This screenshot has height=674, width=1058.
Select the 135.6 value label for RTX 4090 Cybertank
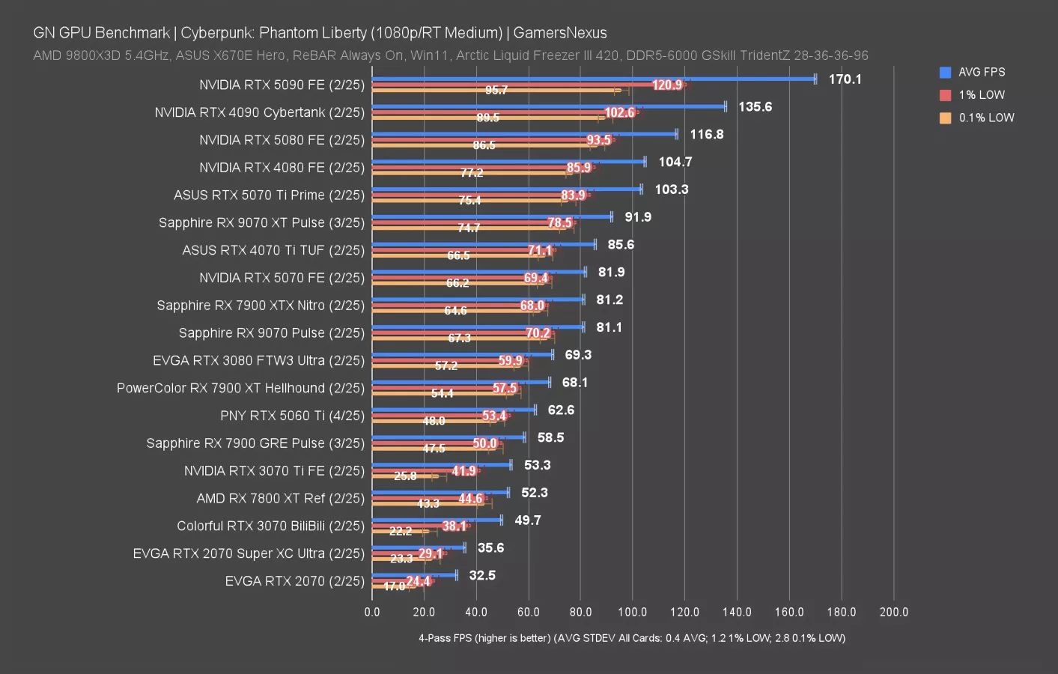(x=755, y=107)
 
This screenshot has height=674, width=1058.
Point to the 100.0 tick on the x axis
(x=633, y=612)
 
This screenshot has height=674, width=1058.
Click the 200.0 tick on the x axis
(x=893, y=612)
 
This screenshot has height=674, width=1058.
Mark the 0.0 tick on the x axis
(x=372, y=612)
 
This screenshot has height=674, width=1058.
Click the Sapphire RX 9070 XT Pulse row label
(x=261, y=223)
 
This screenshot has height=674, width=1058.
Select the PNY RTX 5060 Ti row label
(x=292, y=416)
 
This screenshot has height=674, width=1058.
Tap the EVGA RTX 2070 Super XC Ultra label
(x=249, y=553)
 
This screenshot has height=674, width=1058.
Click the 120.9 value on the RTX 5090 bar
(x=666, y=85)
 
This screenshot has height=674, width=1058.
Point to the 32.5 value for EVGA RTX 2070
(x=482, y=575)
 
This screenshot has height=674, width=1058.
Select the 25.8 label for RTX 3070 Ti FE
(x=405, y=476)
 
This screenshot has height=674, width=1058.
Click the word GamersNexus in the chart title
(x=560, y=33)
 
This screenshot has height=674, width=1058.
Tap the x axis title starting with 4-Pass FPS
(x=631, y=638)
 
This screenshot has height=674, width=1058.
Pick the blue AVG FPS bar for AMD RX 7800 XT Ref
(x=440, y=493)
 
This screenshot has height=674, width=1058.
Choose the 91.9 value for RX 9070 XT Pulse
(x=638, y=217)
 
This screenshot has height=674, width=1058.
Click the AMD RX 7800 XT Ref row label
(x=281, y=499)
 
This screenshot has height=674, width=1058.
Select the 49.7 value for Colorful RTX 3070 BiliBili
(x=528, y=520)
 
